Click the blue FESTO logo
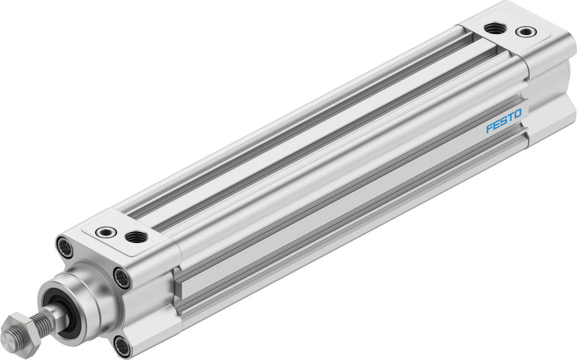tap(504, 121)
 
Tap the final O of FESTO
tap(518, 114)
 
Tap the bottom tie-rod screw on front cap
tap(122, 347)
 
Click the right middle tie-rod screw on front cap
tap(122, 279)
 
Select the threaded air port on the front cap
tap(136, 236)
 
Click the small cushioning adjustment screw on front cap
tap(106, 231)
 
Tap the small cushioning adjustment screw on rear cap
tap(526, 32)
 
